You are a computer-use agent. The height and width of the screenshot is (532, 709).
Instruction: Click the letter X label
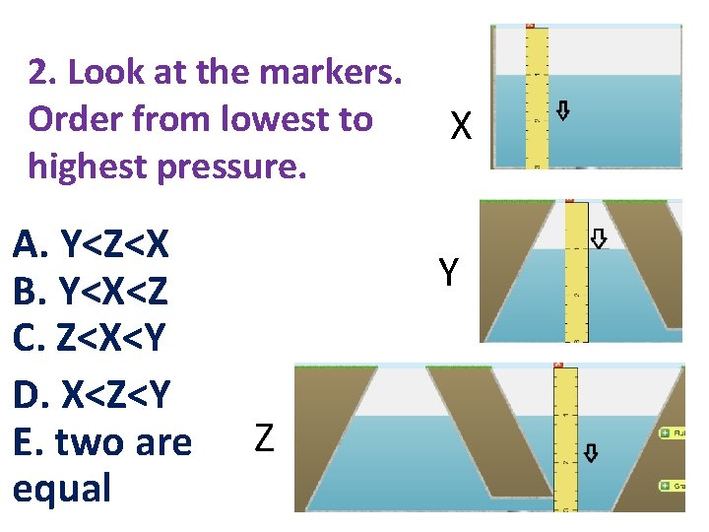462,126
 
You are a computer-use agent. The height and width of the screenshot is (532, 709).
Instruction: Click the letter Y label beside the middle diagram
448,272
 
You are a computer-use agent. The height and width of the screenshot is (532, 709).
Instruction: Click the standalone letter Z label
264,436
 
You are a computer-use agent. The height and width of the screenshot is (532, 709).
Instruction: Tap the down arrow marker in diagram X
562,109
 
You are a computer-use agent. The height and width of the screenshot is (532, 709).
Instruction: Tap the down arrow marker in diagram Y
598,238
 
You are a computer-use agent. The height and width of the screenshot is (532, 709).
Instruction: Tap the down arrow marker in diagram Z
590,452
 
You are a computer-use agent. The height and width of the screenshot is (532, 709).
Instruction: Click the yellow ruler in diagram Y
577,271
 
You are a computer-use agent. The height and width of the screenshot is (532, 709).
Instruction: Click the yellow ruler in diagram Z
565,438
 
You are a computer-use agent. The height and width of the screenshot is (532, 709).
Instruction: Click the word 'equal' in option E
61,488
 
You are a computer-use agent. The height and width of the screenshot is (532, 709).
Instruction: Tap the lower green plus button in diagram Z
666,486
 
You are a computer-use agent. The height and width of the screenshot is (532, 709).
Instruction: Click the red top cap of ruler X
532,26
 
